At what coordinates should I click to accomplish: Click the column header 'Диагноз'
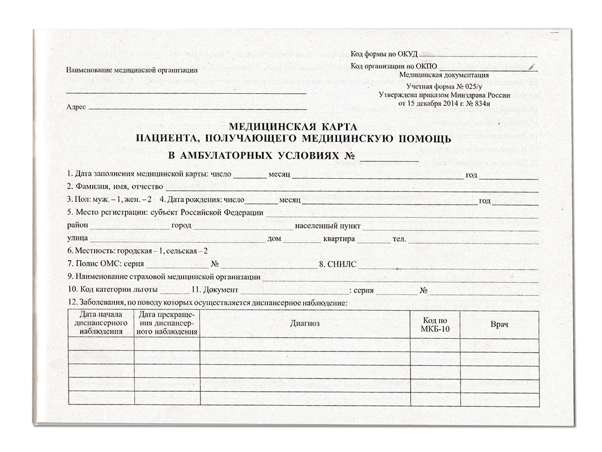[304, 324]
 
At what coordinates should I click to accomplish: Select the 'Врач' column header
[500, 324]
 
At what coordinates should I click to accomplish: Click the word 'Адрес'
[76, 107]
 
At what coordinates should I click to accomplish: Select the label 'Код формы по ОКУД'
[383, 55]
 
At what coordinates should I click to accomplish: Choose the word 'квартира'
[338, 239]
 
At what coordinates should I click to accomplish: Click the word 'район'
[78, 226]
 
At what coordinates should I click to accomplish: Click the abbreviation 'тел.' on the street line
[399, 239]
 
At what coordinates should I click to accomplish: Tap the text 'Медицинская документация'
[444, 75]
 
